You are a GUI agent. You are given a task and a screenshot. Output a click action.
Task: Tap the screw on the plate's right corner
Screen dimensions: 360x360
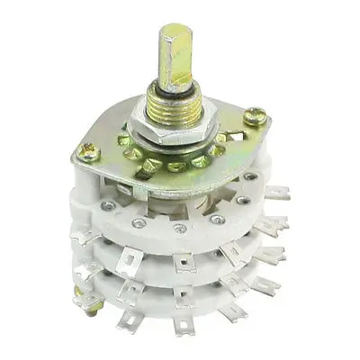(x=258, y=115)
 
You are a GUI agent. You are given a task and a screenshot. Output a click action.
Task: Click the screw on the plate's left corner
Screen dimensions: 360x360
(x=88, y=155)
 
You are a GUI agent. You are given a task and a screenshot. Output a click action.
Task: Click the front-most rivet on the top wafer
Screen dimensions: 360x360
(x=181, y=228)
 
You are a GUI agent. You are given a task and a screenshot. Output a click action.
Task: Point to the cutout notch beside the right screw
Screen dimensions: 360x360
(x=236, y=136)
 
